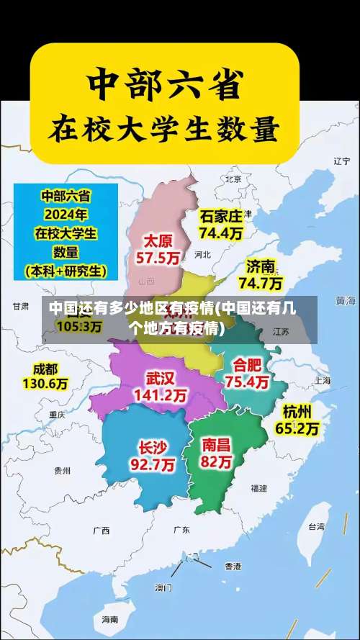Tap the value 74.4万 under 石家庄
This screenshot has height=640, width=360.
pyautogui.click(x=220, y=233)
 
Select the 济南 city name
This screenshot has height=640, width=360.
pyautogui.click(x=260, y=265)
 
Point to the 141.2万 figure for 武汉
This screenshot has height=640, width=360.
pyautogui.click(x=160, y=395)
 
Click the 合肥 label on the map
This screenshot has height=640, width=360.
pyautogui.click(x=248, y=364)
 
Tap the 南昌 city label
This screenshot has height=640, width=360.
pyautogui.click(x=217, y=444)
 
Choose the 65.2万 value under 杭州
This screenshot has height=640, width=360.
pyautogui.click(x=297, y=428)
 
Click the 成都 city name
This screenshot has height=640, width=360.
pyautogui.click(x=45, y=369)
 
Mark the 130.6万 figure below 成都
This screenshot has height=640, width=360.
pyautogui.click(x=45, y=384)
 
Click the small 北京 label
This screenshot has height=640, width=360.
pyautogui.click(x=233, y=179)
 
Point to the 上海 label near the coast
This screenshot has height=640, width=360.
pyautogui.click(x=321, y=380)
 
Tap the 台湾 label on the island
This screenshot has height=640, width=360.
pyautogui.click(x=316, y=526)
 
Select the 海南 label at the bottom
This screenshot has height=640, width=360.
pyautogui.click(x=109, y=618)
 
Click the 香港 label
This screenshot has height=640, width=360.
pyautogui.click(x=233, y=566)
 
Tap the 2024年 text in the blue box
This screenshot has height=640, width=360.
pyautogui.click(x=66, y=214)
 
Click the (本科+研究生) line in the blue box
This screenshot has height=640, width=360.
pyautogui.click(x=66, y=271)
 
